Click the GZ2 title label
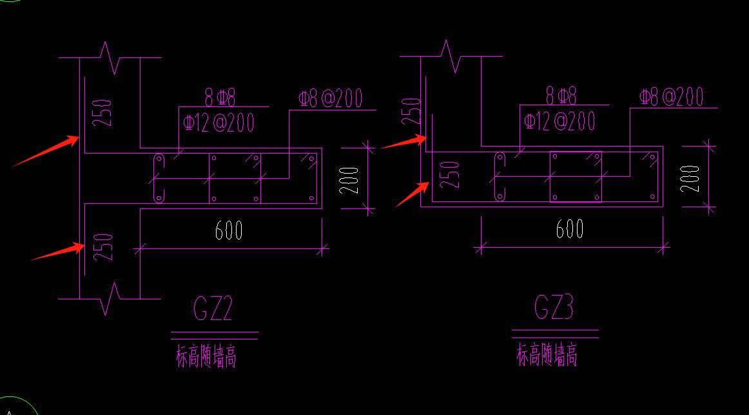(213, 309)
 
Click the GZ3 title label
(554, 308)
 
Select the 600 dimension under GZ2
(229, 230)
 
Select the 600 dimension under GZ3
(570, 229)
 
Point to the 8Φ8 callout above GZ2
(220, 98)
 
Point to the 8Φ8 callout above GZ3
(561, 97)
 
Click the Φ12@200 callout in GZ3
(559, 121)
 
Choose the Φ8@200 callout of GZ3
(671, 97)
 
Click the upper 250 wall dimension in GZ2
(105, 112)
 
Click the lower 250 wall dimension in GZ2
(105, 247)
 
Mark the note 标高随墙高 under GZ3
(547, 356)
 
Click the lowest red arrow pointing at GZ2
(58, 252)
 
